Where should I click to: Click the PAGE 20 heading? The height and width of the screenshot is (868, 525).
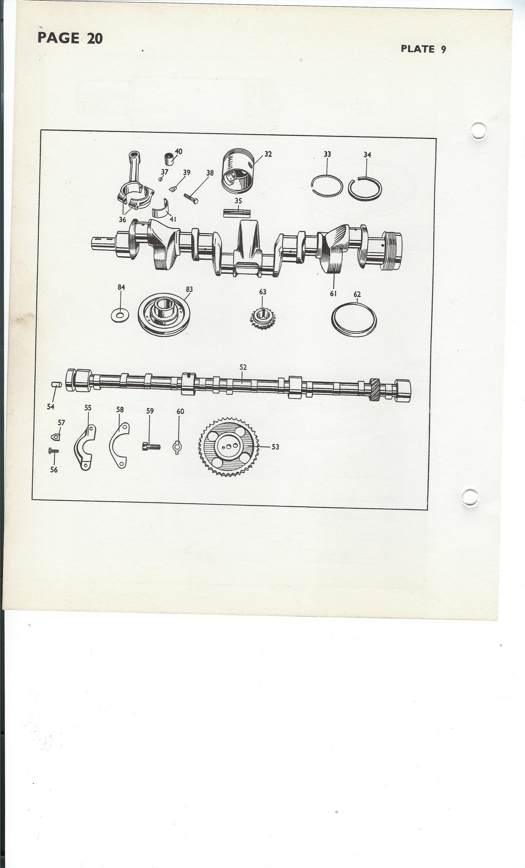(70, 38)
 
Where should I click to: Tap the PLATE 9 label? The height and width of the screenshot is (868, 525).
(424, 49)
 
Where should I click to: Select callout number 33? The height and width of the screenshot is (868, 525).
(327, 154)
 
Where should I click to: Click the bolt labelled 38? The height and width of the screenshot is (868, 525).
(191, 198)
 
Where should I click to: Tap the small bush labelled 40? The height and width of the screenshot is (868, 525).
(170, 159)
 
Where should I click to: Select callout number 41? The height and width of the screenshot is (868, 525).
(173, 219)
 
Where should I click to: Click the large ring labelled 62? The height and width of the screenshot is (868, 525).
(354, 319)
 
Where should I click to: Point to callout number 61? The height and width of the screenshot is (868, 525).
(333, 293)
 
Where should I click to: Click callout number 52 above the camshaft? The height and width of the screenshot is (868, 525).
(243, 367)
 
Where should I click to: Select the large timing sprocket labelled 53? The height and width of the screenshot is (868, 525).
(229, 447)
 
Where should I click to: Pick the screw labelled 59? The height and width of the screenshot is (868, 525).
(151, 447)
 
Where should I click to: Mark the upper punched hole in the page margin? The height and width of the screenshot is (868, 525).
(479, 131)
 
